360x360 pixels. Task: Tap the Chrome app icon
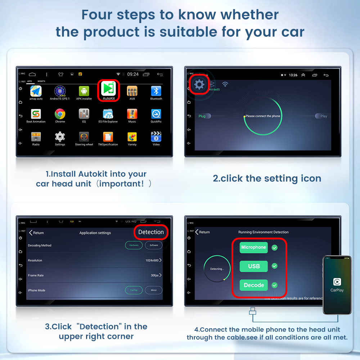pyautogui.click(x=60, y=114)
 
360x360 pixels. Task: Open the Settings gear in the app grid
pyautogui.click(x=60, y=137)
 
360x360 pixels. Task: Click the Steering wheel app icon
pyautogui.click(x=84, y=137)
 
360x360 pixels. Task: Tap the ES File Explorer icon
pyautogui.click(x=108, y=114)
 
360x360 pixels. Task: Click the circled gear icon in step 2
pyautogui.click(x=199, y=85)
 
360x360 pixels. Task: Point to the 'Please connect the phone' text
pyautogui.click(x=263, y=116)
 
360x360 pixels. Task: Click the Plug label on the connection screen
pyautogui.click(x=202, y=116)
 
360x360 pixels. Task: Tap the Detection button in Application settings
pyautogui.click(x=151, y=232)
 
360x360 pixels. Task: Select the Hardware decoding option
pyautogui.click(x=134, y=245)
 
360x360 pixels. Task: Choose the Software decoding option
pyautogui.click(x=154, y=245)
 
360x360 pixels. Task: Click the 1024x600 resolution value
pyautogui.click(x=152, y=260)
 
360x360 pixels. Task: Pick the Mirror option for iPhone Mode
pyautogui.click(x=154, y=290)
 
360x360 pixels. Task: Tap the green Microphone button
pyautogui.click(x=253, y=247)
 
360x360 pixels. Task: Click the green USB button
pyautogui.click(x=254, y=266)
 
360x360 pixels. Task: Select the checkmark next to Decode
pyautogui.click(x=275, y=285)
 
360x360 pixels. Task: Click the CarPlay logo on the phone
pyautogui.click(x=337, y=282)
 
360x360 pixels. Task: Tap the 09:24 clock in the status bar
pyautogui.click(x=133, y=74)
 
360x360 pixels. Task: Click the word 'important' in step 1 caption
pyautogui.click(x=120, y=184)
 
